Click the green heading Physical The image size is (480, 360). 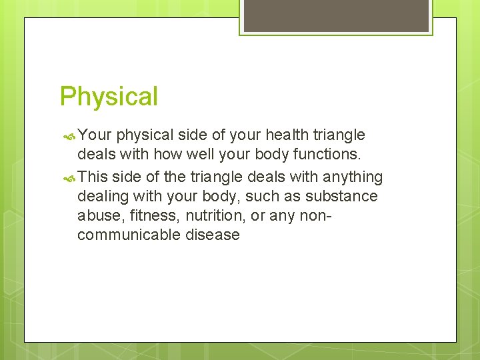click(109, 96)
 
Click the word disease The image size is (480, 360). click(213, 235)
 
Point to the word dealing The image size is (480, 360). click(103, 197)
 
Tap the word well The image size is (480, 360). click(198, 155)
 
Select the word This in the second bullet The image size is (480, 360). click(93, 177)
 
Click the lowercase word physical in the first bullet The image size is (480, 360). click(145, 135)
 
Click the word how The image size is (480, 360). click(165, 155)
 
